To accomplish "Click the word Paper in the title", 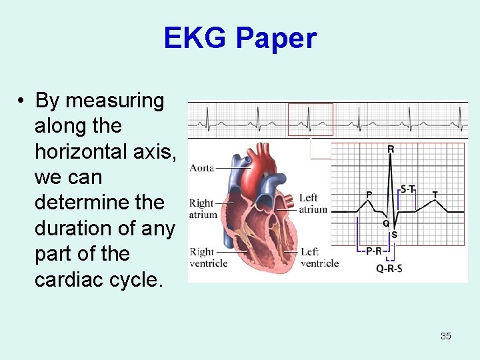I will (x=276, y=39).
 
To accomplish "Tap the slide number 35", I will (x=445, y=336).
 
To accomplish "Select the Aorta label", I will (x=202, y=168).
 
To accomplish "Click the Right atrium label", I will (x=203, y=209).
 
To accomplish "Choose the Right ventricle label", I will (x=208, y=257).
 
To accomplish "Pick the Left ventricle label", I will (x=319, y=257).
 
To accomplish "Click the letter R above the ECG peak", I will (x=391, y=150).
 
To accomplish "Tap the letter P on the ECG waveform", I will (x=369, y=194).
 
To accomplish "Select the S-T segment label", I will (x=408, y=189).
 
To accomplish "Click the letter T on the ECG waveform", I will (x=435, y=194).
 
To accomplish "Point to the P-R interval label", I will (x=373, y=251).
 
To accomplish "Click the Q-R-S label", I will (x=389, y=269).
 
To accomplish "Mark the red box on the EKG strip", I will (x=310, y=120).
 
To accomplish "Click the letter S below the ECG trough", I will (x=395, y=235).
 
